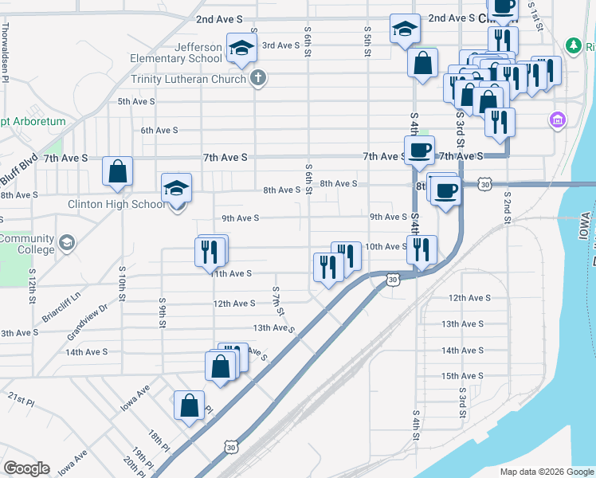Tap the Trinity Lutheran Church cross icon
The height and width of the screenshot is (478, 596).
257,78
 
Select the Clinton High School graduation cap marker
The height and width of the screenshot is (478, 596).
177,189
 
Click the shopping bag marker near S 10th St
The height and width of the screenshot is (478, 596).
117,171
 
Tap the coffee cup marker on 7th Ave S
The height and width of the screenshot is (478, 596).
419,150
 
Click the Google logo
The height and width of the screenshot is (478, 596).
26,468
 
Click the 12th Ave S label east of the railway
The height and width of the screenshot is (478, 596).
469,298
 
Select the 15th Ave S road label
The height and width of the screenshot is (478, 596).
462,376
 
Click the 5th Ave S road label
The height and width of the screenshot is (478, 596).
136,102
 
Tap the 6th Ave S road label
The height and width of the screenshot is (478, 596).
159,130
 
